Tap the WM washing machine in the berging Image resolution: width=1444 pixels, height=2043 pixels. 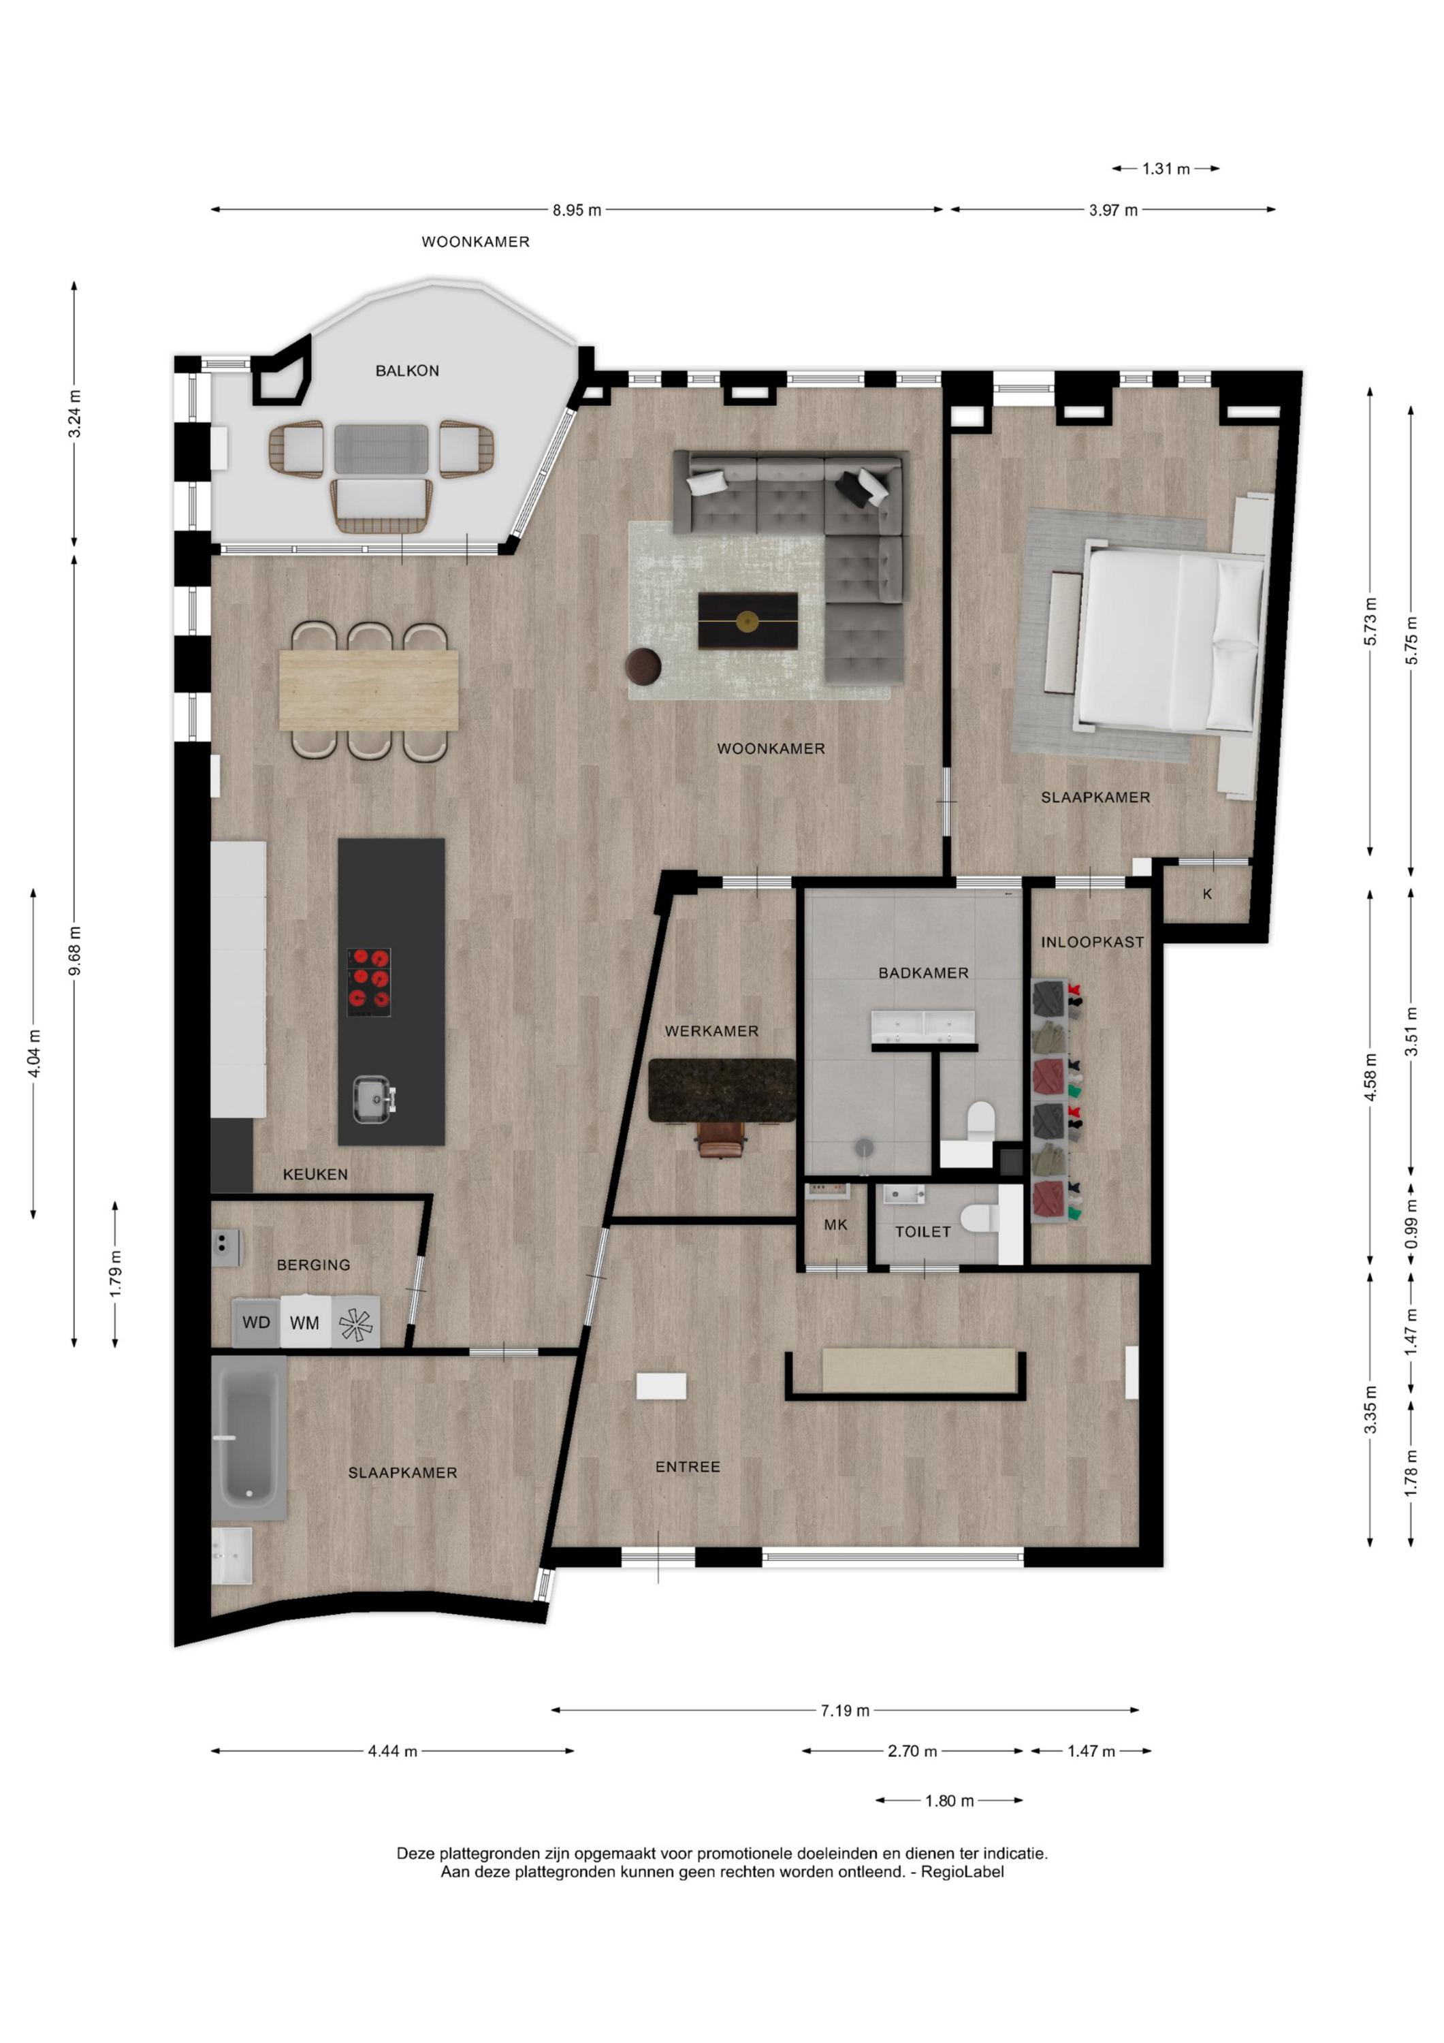pyautogui.click(x=305, y=1323)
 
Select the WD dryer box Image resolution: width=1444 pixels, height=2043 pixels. pyautogui.click(x=256, y=1323)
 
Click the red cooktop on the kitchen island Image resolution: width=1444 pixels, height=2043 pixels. pyautogui.click(x=368, y=983)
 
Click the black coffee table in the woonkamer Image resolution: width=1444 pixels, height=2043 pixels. pyautogui.click(x=748, y=620)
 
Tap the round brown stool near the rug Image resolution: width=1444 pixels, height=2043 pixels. pyautogui.click(x=643, y=667)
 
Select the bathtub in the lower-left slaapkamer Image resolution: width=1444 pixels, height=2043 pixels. pyautogui.click(x=249, y=1437)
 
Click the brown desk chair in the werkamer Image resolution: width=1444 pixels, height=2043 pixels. pyautogui.click(x=721, y=1141)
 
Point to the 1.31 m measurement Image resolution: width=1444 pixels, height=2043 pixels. pyautogui.click(x=1166, y=169)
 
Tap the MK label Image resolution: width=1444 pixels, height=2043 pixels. pyautogui.click(x=835, y=1225)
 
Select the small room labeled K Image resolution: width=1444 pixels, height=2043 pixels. pyautogui.click(x=1207, y=894)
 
